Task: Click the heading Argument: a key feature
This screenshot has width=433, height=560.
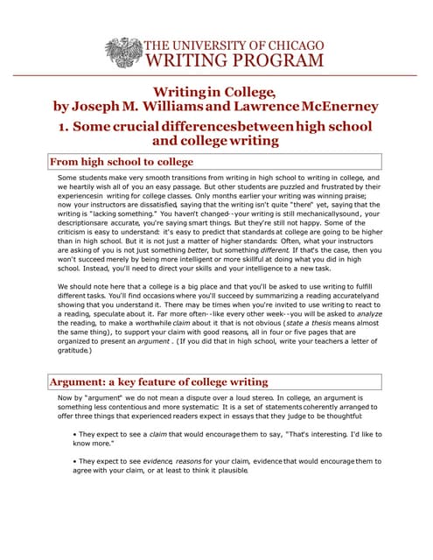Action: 157,381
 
